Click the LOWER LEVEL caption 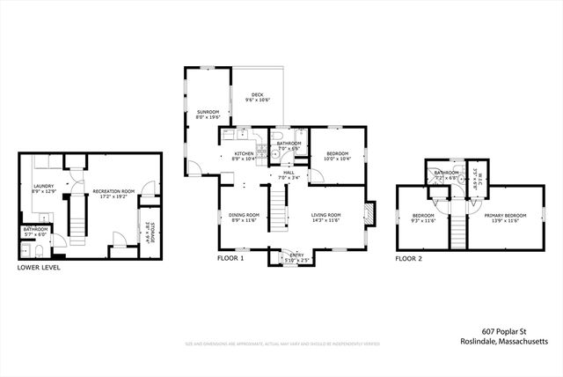pyautogui.click(x=40, y=267)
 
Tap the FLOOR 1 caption pyautogui.click(x=230, y=259)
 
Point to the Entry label pyautogui.click(x=292, y=257)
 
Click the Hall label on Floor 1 pyautogui.click(x=289, y=174)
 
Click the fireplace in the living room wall pyautogui.click(x=369, y=213)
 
